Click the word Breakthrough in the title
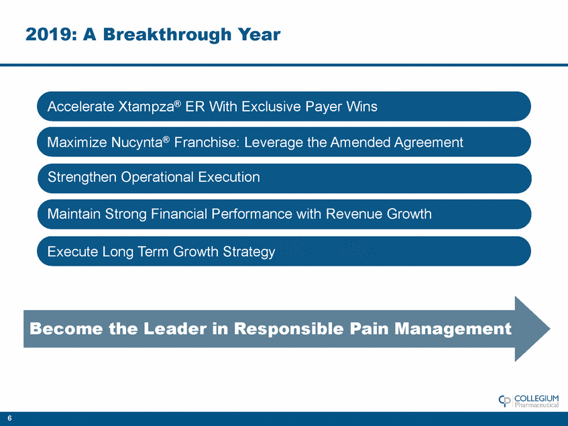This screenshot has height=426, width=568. pos(168,34)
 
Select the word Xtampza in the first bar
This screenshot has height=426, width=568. pos(146,107)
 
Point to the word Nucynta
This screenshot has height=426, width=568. pos(137,142)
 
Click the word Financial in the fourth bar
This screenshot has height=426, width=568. pos(179,214)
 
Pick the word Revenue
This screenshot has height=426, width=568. pos(354,214)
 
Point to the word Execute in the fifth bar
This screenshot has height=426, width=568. pos(72,252)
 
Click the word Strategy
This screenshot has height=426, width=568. pos(249,252)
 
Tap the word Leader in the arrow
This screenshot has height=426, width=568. pos(175,329)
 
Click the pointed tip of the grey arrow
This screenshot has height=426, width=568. pos(550,329)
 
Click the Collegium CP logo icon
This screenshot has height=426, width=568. pos(504,401)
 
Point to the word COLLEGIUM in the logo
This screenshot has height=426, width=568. pos(536,398)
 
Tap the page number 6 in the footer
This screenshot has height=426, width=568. pos(9,418)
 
